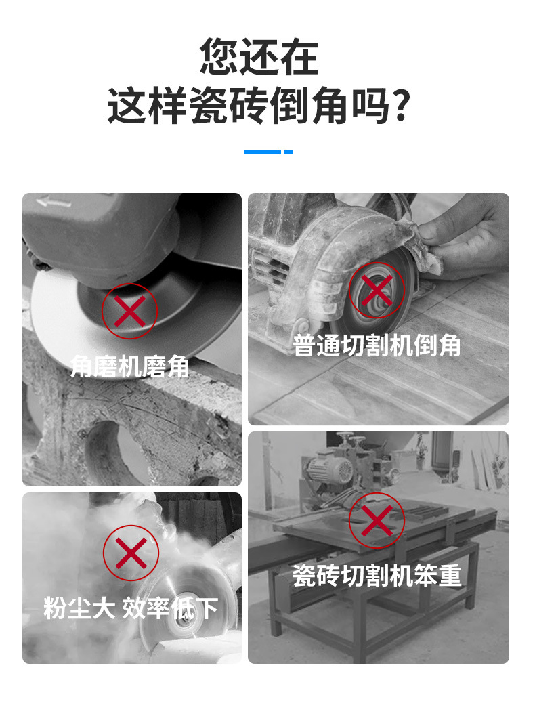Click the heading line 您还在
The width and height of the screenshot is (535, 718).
click(x=259, y=56)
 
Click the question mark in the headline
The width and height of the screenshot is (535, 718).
click(x=402, y=106)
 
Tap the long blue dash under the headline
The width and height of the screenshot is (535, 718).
click(x=262, y=152)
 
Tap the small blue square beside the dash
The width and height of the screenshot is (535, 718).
click(x=288, y=152)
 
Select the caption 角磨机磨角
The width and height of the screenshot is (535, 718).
click(x=130, y=366)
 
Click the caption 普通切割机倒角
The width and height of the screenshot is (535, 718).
click(x=377, y=345)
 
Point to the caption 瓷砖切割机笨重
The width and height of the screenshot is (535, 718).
click(x=377, y=576)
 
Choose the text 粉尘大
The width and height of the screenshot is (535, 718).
click(x=79, y=608)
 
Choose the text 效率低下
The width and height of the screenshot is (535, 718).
click(x=170, y=608)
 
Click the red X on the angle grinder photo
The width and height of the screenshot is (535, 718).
click(x=130, y=312)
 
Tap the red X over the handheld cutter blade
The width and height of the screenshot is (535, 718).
click(x=377, y=291)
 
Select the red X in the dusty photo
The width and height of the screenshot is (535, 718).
click(x=131, y=553)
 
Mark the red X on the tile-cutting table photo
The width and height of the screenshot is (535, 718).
click(x=377, y=521)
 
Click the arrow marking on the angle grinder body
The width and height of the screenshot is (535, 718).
click(x=54, y=201)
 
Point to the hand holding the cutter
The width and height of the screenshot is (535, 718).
click(x=463, y=236)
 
